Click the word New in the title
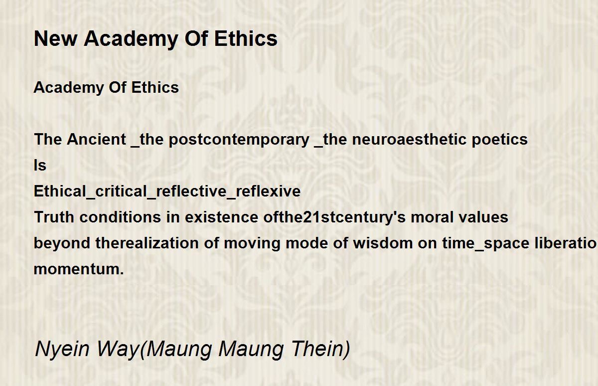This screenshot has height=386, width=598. coord(55,39)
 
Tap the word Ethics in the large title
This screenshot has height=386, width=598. coord(246,39)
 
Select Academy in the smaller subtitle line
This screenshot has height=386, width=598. coord(69,88)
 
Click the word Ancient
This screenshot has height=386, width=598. coord(96,139)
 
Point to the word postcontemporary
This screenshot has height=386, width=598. coord(239,140)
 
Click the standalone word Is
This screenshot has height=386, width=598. coord(40,165)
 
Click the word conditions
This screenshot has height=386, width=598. coord(120,217)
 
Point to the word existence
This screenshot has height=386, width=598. coord(221,217)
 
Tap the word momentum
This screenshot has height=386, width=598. coord(79,269)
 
